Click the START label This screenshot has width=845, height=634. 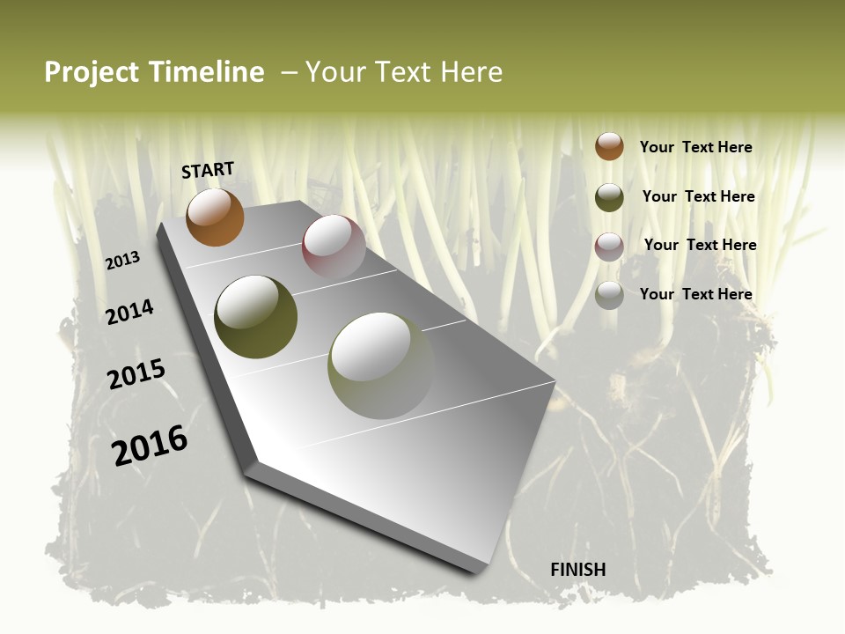point(208,170)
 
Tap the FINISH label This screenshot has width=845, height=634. point(578,570)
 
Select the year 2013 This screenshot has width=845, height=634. point(123,261)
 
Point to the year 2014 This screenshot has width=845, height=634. point(130,312)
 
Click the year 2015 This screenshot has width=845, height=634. point(136,374)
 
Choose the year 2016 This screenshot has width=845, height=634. point(150,446)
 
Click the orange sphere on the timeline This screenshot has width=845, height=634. point(215,217)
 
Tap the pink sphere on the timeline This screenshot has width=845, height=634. point(334,246)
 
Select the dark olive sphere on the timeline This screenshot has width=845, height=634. point(255,317)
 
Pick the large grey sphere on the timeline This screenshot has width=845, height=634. point(380,365)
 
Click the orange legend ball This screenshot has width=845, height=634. point(609,146)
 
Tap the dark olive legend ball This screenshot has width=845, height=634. point(609,197)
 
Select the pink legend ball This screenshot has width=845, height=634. point(609,247)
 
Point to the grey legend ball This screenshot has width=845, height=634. point(609,295)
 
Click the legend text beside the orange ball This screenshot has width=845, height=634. point(695,147)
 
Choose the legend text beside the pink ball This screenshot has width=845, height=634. point(700,245)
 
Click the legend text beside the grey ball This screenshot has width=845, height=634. point(695,294)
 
